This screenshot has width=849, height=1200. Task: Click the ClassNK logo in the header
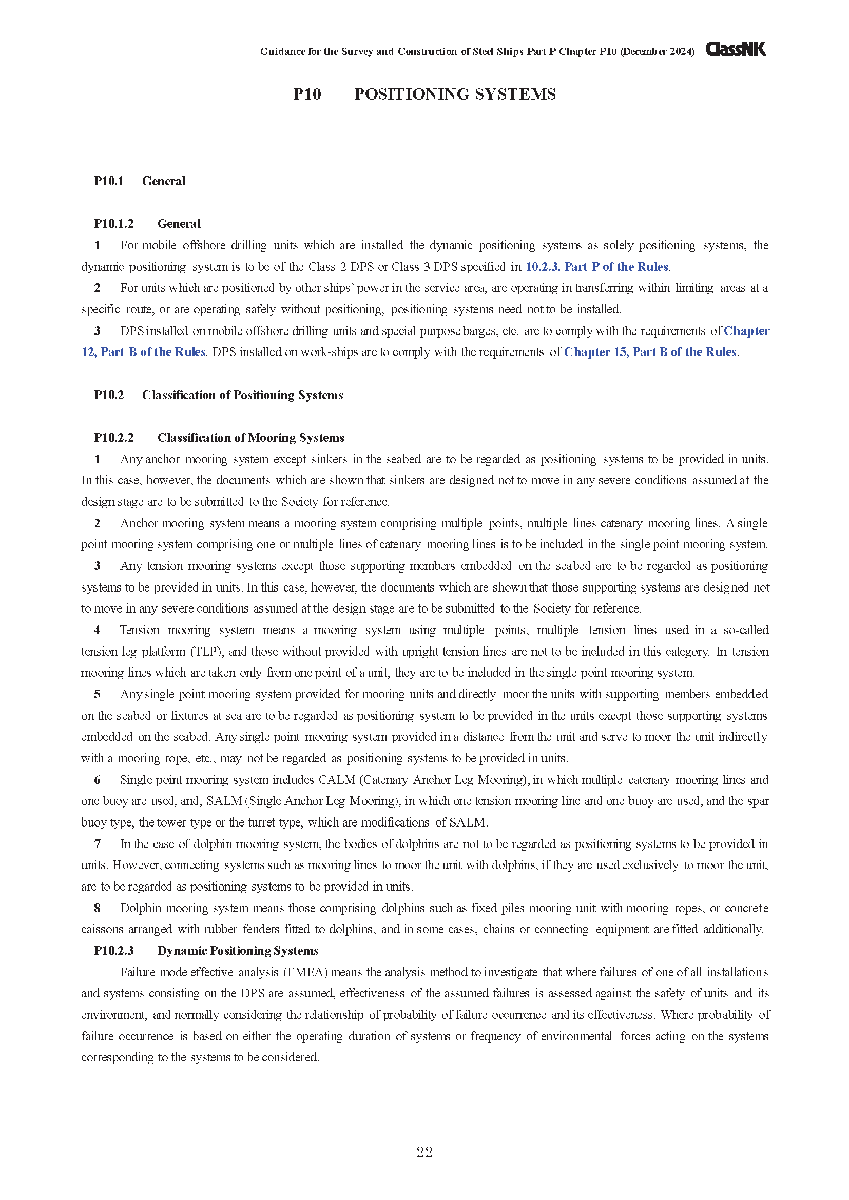pyautogui.click(x=736, y=49)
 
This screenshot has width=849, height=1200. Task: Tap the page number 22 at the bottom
pyautogui.click(x=424, y=1152)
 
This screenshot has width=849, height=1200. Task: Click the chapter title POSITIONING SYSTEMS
pyautogui.click(x=455, y=94)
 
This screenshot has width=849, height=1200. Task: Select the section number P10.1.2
pyautogui.click(x=113, y=224)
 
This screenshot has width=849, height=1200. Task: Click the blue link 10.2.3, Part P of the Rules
pyautogui.click(x=596, y=267)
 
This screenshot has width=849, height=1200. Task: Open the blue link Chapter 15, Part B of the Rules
pyautogui.click(x=650, y=352)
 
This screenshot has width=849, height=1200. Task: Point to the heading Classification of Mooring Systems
pyautogui.click(x=251, y=438)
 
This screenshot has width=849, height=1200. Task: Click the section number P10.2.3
pyautogui.click(x=113, y=950)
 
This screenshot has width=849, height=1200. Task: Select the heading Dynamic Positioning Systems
pyautogui.click(x=238, y=950)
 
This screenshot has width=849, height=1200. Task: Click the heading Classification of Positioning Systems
pyautogui.click(x=243, y=395)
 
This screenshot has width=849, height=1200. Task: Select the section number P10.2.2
pyautogui.click(x=113, y=438)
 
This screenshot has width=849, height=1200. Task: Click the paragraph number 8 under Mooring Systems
pyautogui.click(x=97, y=908)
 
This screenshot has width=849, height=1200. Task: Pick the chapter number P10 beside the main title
pyautogui.click(x=307, y=94)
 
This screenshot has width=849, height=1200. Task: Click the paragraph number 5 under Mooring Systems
pyautogui.click(x=97, y=694)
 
